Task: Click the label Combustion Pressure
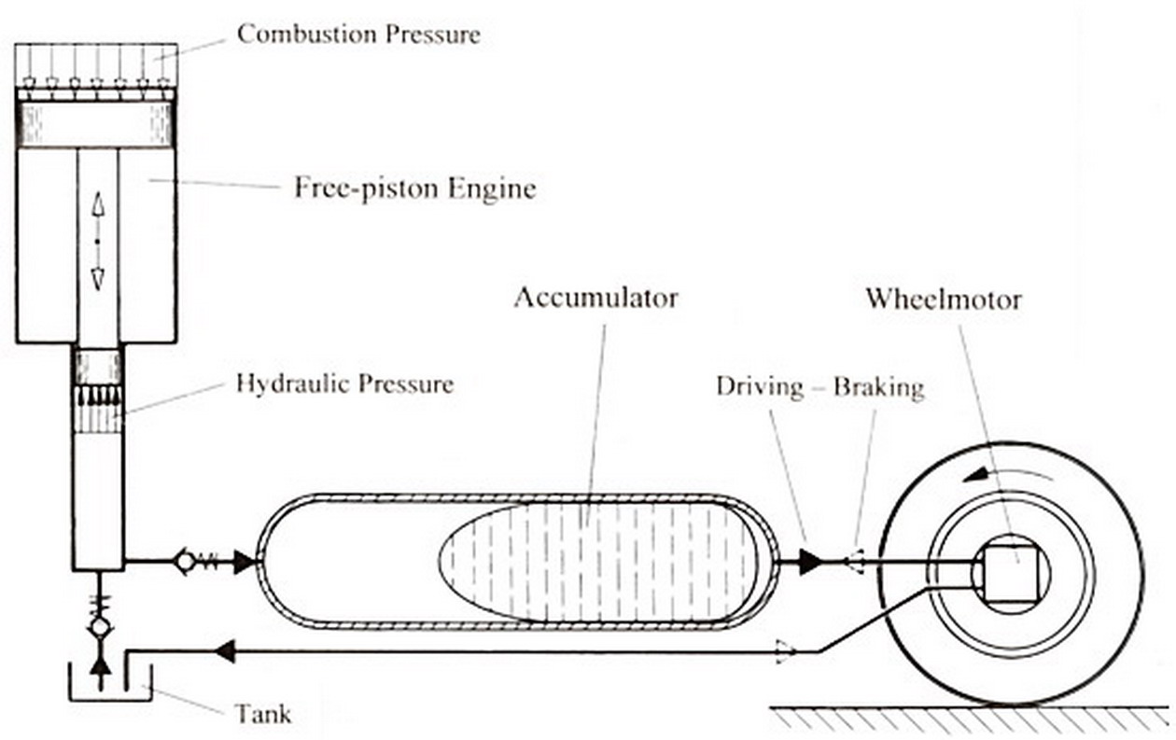[358, 35]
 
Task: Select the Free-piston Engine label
[415, 188]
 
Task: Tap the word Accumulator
[595, 299]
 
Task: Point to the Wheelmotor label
[943, 299]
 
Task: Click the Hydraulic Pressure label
[344, 384]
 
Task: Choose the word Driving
[759, 387]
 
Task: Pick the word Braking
[878, 387]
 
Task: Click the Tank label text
[262, 715]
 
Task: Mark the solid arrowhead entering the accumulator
[244, 562]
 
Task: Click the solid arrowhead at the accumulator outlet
[809, 562]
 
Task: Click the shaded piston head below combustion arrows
[96, 124]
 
